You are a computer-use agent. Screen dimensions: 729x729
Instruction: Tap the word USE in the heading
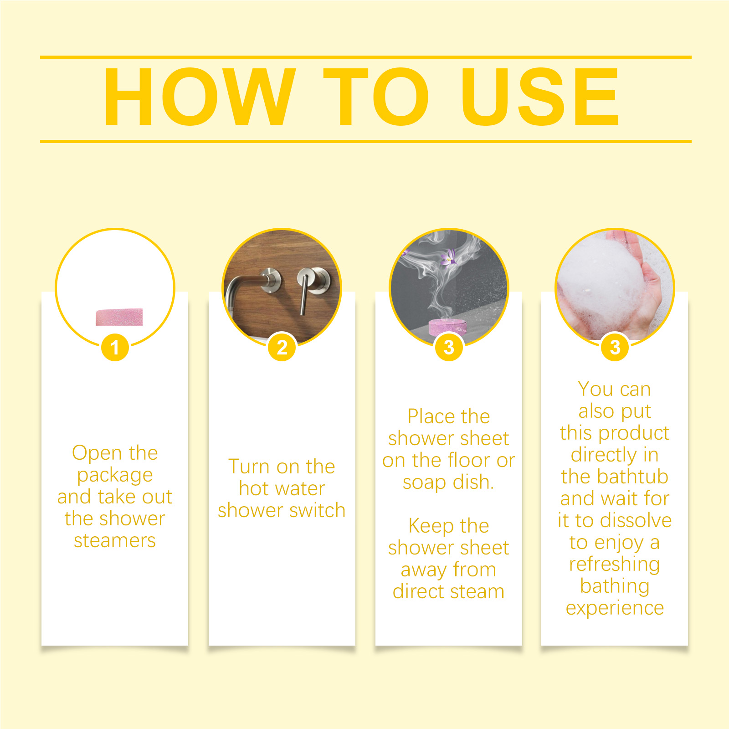tap(540, 97)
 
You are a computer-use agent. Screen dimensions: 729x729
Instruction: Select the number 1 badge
tap(115, 347)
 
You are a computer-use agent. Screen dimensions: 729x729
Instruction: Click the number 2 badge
tap(282, 347)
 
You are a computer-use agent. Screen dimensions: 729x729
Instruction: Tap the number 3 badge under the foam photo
tap(615, 347)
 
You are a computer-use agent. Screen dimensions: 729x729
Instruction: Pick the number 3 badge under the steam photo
tap(449, 347)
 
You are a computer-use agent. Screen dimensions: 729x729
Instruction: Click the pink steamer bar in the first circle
tap(119, 317)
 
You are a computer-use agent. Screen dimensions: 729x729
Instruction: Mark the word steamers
tap(115, 541)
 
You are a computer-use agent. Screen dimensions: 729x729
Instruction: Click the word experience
tap(615, 609)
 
